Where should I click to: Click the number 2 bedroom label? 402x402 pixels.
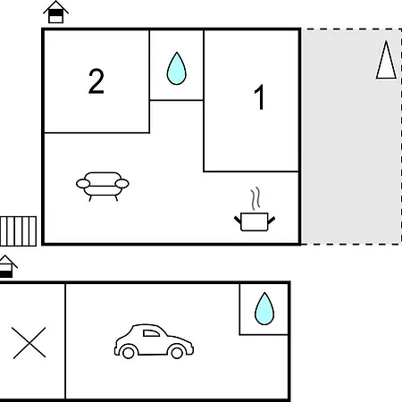pyautogui.click(x=96, y=81)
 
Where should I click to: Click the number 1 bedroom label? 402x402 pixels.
pyautogui.click(x=260, y=96)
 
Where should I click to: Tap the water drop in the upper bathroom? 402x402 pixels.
pyautogui.click(x=177, y=69)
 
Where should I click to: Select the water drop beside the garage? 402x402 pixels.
pyautogui.click(x=264, y=308)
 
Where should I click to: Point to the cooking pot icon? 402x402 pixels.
pyautogui.click(x=255, y=222)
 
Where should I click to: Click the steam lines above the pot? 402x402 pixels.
pyautogui.click(x=255, y=198)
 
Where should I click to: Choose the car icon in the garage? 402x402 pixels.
pyautogui.click(x=154, y=341)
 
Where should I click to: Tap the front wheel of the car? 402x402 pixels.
pyautogui.click(x=177, y=353)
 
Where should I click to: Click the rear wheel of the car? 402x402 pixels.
pyautogui.click(x=129, y=353)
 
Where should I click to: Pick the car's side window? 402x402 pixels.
pyautogui.click(x=151, y=333)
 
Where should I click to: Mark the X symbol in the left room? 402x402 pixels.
pyautogui.click(x=29, y=342)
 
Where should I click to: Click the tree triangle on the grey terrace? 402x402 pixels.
pyautogui.click(x=386, y=60)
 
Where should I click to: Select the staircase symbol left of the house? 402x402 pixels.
pyautogui.click(x=18, y=231)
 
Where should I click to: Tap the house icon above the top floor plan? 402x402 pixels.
pyautogui.click(x=56, y=12)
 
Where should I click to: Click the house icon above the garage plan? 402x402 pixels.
pyautogui.click(x=6, y=266)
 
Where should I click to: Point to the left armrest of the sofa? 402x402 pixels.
pyautogui.click(x=83, y=184)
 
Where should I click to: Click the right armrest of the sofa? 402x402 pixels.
pyautogui.click(x=122, y=184)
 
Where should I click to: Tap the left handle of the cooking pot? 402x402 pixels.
pyautogui.click(x=238, y=220)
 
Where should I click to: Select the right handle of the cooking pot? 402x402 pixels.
pyautogui.click(x=272, y=221)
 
